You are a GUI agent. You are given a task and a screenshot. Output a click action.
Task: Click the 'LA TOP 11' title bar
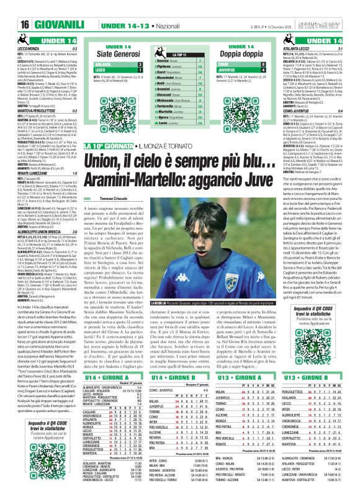pyautogui.click(x=180, y=55)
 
